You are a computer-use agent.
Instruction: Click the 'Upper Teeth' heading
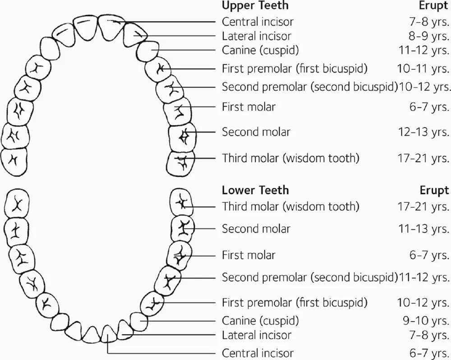click(x=255, y=6)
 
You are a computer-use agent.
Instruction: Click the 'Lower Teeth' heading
click(x=255, y=190)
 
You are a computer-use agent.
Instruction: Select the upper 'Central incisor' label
click(x=258, y=22)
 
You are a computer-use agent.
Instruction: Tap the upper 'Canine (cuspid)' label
click(x=260, y=50)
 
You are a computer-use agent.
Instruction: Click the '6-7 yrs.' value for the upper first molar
click(x=429, y=107)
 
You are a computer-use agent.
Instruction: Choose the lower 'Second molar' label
click(x=256, y=229)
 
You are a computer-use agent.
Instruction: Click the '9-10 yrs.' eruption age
click(x=427, y=321)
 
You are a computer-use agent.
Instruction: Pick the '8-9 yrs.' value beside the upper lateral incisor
click(x=427, y=36)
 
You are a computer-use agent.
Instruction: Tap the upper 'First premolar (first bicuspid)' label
click(x=295, y=68)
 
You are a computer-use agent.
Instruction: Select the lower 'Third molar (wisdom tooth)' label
click(x=290, y=206)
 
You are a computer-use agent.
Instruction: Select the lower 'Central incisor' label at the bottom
click(x=258, y=353)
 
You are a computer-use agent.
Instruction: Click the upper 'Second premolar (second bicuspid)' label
click(x=309, y=86)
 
